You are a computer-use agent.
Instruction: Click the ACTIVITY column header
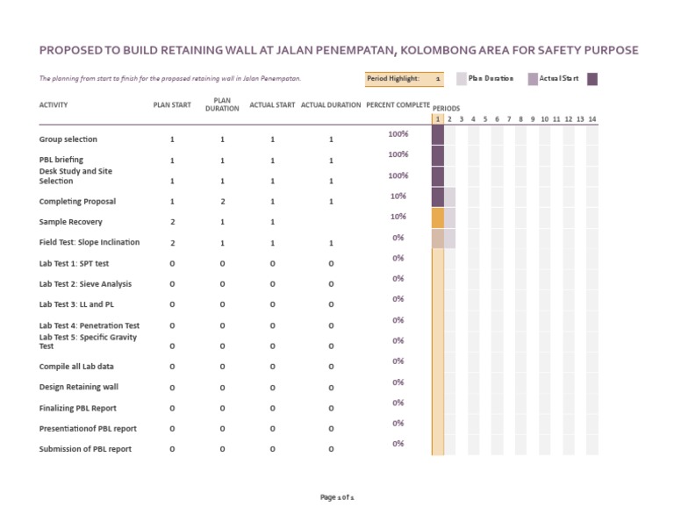coord(54,105)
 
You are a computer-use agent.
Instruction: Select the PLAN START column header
coord(172,105)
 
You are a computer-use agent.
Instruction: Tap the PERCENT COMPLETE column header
coord(398,105)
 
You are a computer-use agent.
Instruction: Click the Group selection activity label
coord(68,139)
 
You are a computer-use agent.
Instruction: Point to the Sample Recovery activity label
coord(70,222)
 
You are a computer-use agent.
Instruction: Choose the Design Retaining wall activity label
coord(79,387)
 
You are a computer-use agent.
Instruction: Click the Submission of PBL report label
coord(85,449)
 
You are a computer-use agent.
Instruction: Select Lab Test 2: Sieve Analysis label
coord(85,284)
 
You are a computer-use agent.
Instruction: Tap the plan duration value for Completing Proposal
coord(222,202)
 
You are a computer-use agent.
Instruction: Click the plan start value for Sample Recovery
coord(172,222)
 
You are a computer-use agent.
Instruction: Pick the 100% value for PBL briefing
coord(398,155)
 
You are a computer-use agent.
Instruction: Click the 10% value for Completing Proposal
coord(398,196)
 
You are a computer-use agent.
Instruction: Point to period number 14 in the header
coord(592,118)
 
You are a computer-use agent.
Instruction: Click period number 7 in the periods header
coord(509,118)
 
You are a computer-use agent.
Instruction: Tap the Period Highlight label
coord(393,78)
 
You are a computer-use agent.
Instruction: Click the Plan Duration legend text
coord(491,78)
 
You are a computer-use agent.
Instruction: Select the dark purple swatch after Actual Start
coord(592,78)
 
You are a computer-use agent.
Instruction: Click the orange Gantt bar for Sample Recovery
coord(438,218)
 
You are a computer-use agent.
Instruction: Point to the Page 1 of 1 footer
coord(337,497)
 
